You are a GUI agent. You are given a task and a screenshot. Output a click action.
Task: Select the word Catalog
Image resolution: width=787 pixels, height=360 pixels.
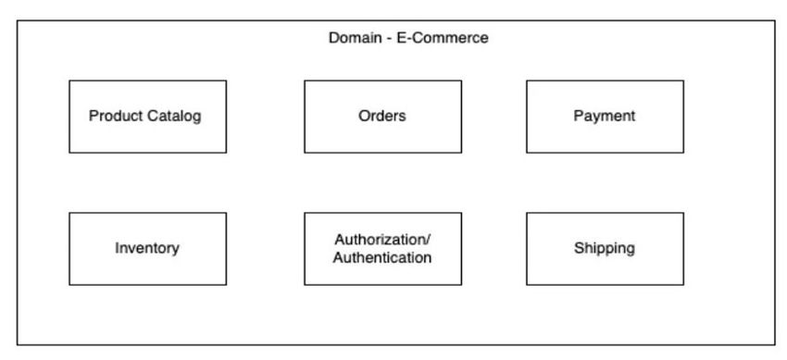point(174,117)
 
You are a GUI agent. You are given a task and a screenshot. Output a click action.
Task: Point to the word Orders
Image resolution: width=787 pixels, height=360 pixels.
point(382,117)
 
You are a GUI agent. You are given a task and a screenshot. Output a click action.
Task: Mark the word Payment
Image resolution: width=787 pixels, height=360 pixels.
point(605,117)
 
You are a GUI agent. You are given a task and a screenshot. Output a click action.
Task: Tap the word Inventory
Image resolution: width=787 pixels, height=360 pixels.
point(147,248)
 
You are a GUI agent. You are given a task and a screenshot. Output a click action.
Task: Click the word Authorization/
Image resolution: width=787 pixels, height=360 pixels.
point(382,240)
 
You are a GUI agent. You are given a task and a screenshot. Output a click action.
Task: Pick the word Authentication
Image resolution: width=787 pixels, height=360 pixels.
point(382,257)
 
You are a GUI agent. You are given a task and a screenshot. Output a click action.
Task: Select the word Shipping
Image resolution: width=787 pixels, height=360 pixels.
point(605,248)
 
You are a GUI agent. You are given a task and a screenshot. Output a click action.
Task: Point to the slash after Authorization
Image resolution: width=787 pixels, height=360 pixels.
point(429,240)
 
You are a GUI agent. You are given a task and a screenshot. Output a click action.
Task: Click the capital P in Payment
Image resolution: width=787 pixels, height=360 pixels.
point(579,117)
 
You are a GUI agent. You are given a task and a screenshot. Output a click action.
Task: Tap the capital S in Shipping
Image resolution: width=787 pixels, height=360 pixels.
point(579,248)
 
